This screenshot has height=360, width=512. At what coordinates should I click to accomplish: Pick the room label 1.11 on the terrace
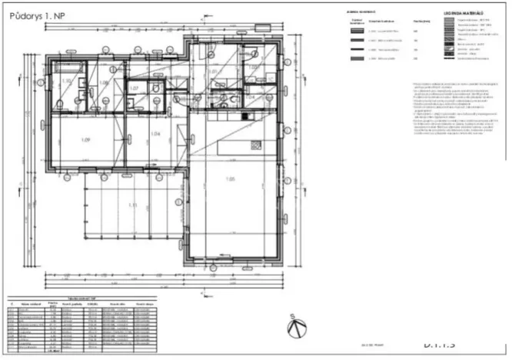point(132,205)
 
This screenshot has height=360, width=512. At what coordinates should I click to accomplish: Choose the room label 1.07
point(133,88)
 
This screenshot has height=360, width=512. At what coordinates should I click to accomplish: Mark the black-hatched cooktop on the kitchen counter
point(247,116)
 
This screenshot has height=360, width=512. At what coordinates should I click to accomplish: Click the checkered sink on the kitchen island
point(251,146)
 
